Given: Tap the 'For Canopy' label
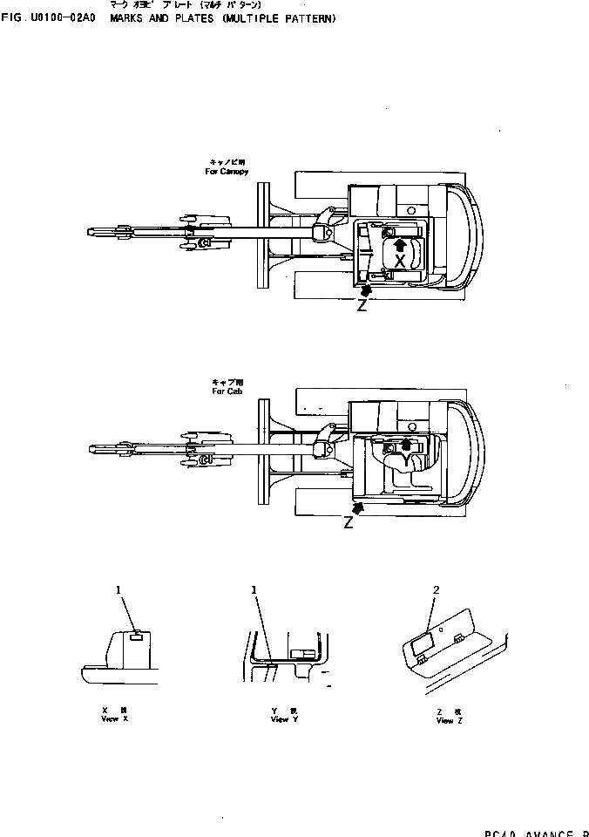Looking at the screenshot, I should pyautogui.click(x=227, y=172).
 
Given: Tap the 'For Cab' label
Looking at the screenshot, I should pyautogui.click(x=222, y=392).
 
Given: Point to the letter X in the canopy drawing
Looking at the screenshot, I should pyautogui.click(x=399, y=261).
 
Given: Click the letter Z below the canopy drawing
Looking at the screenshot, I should pyautogui.click(x=362, y=305).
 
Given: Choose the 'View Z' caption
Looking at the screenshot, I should pyautogui.click(x=444, y=721).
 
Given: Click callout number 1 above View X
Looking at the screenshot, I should pyautogui.click(x=118, y=590).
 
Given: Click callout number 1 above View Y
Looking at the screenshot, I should pyautogui.click(x=254, y=590).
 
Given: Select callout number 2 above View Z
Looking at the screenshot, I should pyautogui.click(x=436, y=590).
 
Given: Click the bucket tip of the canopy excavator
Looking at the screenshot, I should pyautogui.click(x=92, y=231).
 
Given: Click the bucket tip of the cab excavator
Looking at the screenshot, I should pyautogui.click(x=94, y=450).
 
